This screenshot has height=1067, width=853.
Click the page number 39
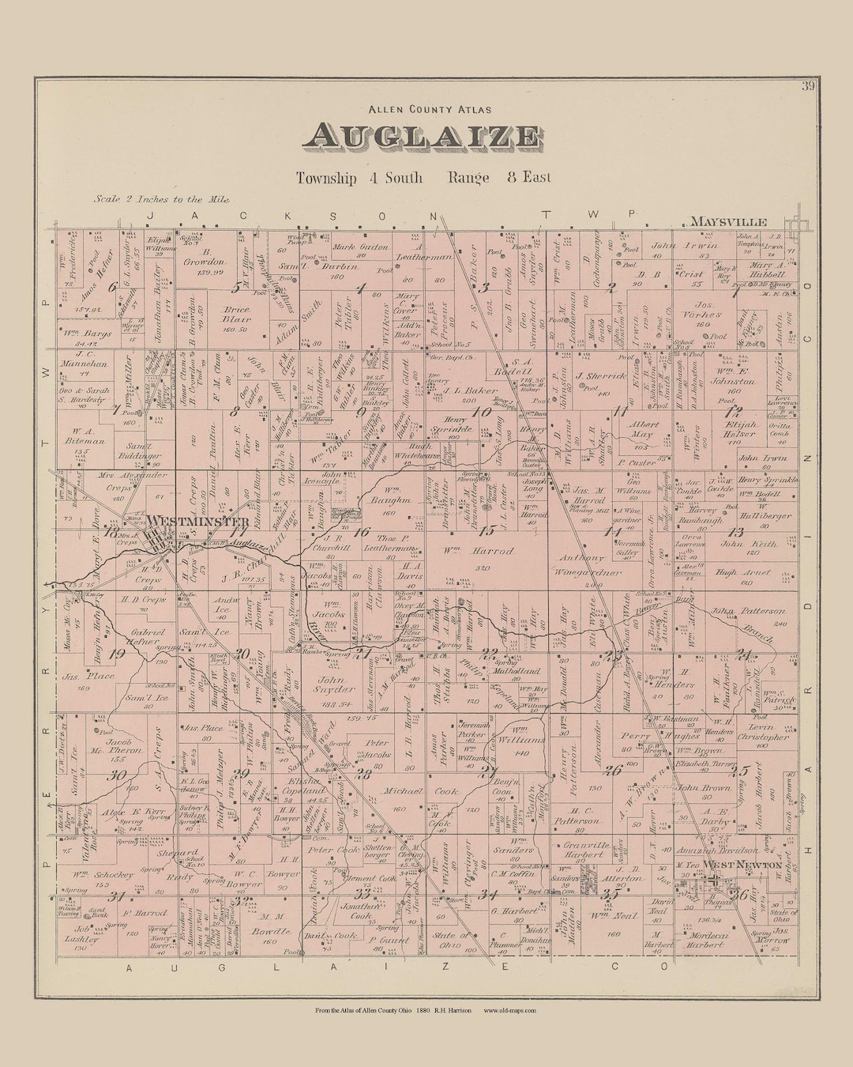pos(807,86)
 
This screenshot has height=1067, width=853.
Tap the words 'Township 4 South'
pos(359,178)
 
